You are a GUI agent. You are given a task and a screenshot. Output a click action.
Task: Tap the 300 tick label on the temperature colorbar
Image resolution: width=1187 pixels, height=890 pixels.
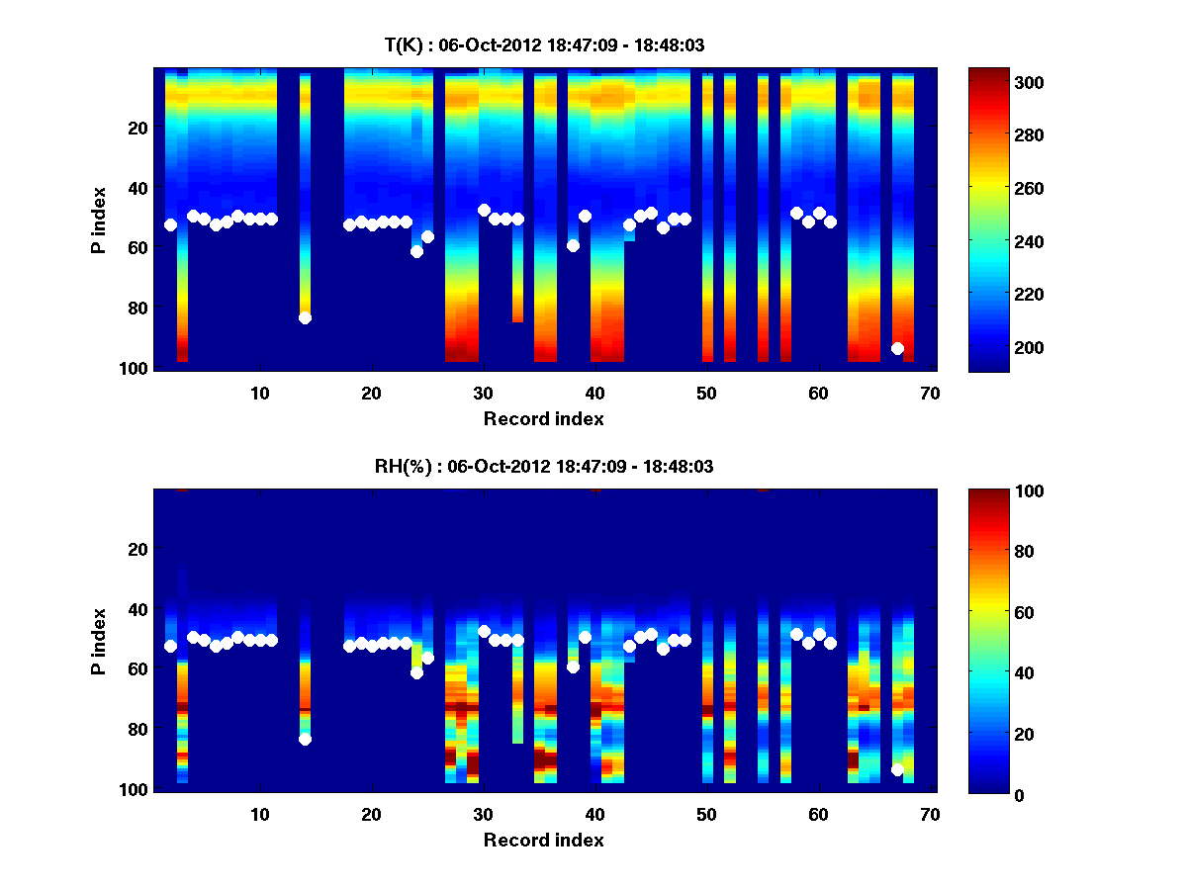pos(998,82)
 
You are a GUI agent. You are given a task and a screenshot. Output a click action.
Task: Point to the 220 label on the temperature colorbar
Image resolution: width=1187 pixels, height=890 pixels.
pos(998,295)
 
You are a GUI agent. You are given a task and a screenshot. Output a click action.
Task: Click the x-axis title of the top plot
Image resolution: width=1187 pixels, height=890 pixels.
pos(543,418)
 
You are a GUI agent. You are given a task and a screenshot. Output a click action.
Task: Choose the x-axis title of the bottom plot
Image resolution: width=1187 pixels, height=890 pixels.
pos(543,840)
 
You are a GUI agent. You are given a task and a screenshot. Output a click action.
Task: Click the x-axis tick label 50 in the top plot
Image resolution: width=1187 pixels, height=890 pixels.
pos(706,393)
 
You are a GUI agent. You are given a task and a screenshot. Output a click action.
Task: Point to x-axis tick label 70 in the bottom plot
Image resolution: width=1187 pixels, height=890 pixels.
pos(930,814)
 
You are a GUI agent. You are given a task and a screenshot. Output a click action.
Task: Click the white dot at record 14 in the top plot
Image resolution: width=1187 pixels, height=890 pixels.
pos(305,317)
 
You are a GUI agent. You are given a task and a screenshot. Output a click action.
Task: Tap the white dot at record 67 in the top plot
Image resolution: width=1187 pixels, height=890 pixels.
pos(897,348)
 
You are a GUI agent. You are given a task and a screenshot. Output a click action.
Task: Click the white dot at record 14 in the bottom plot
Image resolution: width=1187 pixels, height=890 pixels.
pos(305,739)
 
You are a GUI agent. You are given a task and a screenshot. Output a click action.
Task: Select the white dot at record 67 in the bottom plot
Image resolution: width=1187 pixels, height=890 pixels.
pos(897,769)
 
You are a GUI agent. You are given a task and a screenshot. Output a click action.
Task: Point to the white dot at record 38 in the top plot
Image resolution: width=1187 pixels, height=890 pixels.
pos(573,245)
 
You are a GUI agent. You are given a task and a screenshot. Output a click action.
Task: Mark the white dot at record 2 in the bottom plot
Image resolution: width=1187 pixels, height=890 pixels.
pos(170,646)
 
